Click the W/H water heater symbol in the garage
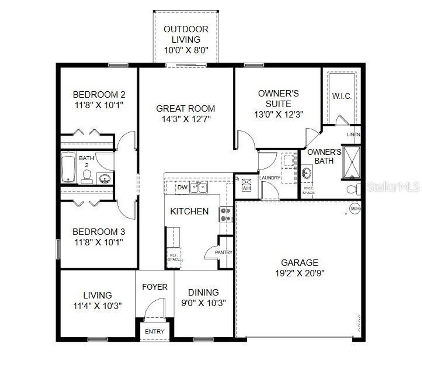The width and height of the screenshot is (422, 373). [x=355, y=209]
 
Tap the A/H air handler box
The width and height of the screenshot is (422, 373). [x=246, y=185]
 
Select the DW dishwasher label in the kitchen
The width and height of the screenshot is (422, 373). [x=182, y=188]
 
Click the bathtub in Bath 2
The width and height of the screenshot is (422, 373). [x=68, y=167]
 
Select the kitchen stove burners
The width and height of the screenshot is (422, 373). [x=226, y=214]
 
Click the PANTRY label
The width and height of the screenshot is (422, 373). [x=224, y=252]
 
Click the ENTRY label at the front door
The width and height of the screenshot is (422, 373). [x=155, y=331]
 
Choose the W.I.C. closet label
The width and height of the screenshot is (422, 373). [x=342, y=97]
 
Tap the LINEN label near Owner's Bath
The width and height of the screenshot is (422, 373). [x=353, y=135]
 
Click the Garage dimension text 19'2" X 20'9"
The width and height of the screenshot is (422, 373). [x=300, y=273]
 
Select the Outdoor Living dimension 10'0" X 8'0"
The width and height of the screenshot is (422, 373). [x=186, y=50]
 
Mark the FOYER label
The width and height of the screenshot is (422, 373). [x=155, y=287]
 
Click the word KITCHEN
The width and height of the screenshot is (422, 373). [x=189, y=211]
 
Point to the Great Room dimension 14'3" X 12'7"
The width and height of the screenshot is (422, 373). [x=186, y=119]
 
